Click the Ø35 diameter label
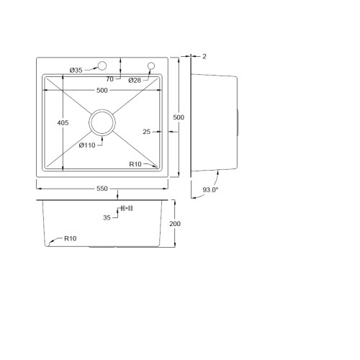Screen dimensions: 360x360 76,71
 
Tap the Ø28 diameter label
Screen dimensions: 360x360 135,81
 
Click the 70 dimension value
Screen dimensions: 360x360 109,79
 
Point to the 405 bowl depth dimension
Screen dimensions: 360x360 63,123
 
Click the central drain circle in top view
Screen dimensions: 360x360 102,109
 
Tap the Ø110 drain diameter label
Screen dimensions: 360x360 87,145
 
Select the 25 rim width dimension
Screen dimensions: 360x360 146,132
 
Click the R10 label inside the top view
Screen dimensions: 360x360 135,164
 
